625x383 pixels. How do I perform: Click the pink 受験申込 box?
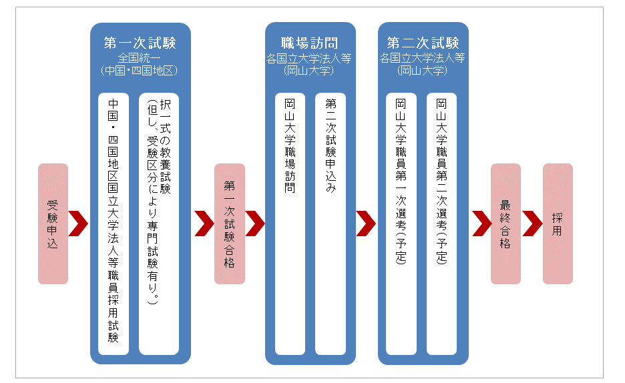pos(53,224)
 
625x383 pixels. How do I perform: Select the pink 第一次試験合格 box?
pos(230,224)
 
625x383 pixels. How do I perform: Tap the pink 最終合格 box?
pos(505,224)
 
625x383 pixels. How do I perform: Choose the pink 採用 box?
pos(558,224)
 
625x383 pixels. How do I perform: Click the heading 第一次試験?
pos(140,43)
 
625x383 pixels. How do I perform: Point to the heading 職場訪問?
pos(310,43)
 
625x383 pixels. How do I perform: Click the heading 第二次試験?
pos(423,43)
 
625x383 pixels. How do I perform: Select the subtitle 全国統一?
pos(139,59)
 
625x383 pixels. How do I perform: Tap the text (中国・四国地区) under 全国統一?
pos(139,71)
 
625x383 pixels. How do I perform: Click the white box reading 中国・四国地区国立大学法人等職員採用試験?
pos(114,224)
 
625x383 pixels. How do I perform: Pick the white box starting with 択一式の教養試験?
pos(159,224)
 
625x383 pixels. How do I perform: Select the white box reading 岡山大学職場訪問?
pos(290,224)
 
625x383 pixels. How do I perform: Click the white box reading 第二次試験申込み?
pos(331,224)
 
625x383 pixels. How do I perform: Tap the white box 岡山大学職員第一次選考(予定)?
pos(401,224)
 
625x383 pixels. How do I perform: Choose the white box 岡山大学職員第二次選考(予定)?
pos(441,224)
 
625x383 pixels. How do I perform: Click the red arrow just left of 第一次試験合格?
pos(205,224)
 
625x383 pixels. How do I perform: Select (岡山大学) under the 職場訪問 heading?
pos(309,71)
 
